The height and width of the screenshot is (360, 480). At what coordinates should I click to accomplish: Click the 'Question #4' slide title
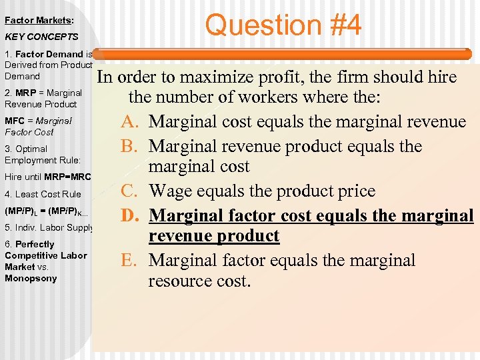click(283, 25)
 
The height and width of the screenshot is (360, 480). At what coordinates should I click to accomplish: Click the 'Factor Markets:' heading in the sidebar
click(39, 21)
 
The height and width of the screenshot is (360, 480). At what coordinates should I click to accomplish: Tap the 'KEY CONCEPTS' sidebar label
click(41, 37)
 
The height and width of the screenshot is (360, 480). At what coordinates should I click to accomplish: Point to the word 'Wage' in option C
click(170, 191)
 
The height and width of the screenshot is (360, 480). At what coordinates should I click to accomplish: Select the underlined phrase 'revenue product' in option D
click(214, 236)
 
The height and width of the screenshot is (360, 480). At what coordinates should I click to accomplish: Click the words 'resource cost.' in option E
click(199, 281)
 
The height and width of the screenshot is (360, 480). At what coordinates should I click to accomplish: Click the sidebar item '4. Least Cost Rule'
click(43, 194)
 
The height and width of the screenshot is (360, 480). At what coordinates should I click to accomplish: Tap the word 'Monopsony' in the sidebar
click(31, 278)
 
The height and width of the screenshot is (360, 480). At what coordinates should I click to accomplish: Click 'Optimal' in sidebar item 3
click(31, 149)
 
